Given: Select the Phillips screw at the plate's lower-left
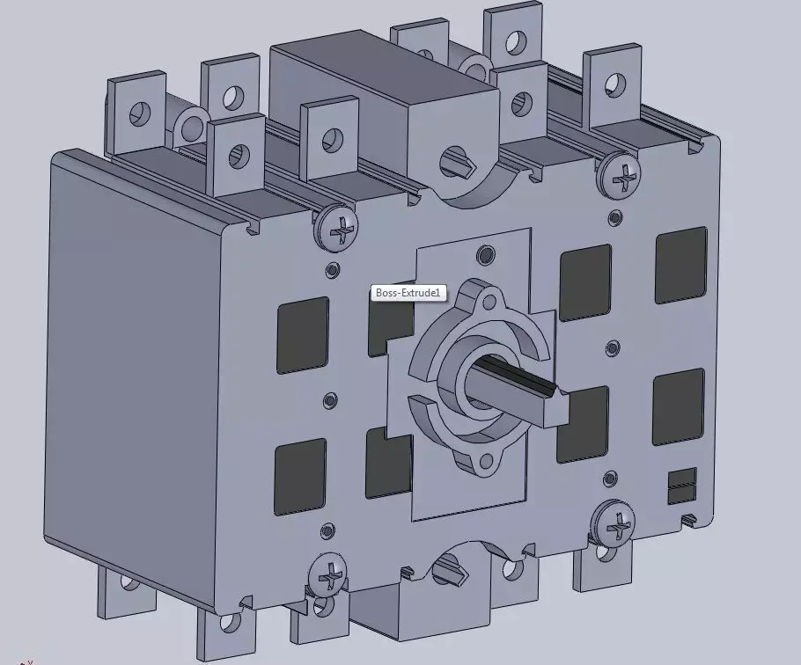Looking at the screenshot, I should click(331, 578).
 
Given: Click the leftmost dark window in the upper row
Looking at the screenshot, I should click(303, 334).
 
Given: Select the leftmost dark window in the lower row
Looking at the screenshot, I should click(300, 475).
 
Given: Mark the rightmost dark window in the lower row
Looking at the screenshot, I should click(678, 406).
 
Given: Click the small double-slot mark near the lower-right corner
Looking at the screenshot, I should click(681, 486).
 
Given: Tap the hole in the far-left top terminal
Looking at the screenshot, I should click(140, 112).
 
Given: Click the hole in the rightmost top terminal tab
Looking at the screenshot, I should click(614, 82).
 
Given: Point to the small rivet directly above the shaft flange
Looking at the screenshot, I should click(485, 255).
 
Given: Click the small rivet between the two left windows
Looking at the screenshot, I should click(330, 400).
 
